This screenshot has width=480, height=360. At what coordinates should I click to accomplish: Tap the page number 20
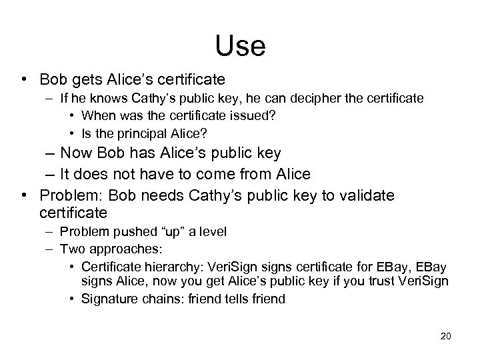coord(446,335)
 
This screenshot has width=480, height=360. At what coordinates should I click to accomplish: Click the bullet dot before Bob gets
coord(25,79)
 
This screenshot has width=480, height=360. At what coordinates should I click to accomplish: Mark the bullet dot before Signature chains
coord(71,299)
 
